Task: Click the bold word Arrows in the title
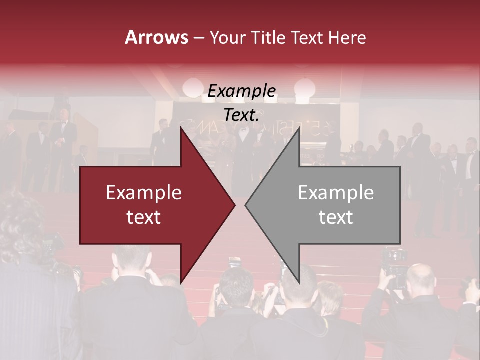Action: coord(157,38)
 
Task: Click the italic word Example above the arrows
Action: coord(241,91)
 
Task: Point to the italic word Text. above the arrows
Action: coord(241,115)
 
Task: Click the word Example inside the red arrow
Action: coord(144,192)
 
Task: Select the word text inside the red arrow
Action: coord(144,217)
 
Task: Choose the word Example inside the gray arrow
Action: coord(336,192)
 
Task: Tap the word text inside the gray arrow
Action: coord(336,217)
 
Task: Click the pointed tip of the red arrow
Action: coord(235,205)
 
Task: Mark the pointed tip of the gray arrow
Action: coord(245,205)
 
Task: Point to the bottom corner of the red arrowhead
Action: coord(181,283)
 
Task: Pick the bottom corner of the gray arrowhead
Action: coord(299,283)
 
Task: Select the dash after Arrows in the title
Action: coord(198,38)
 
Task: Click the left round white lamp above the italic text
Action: coord(192,88)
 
